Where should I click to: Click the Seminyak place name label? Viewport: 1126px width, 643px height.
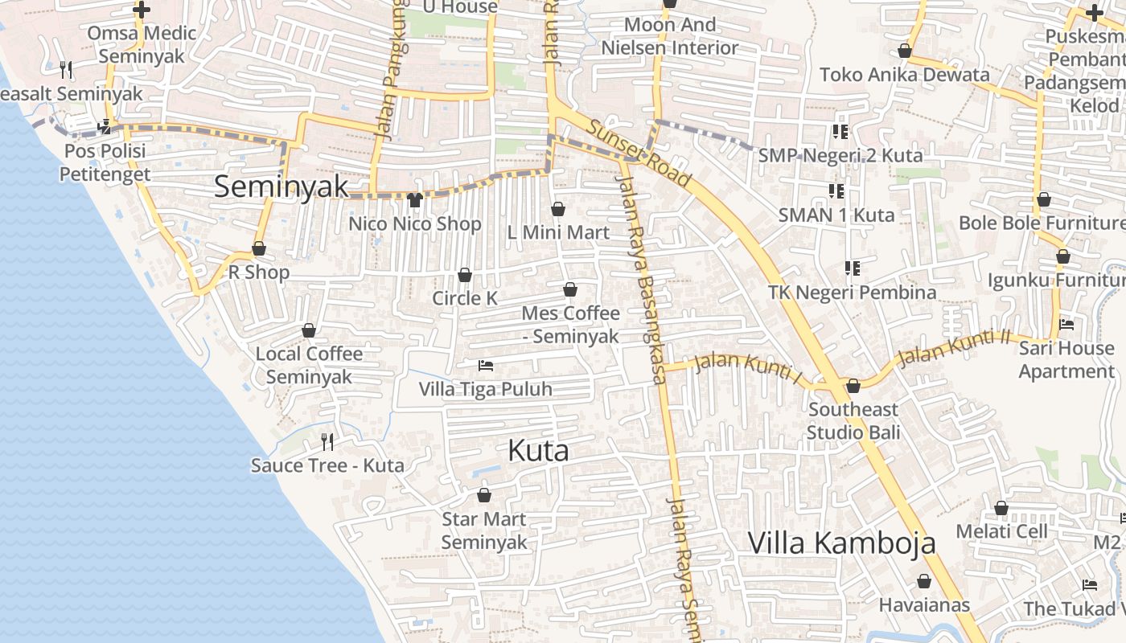[281, 186]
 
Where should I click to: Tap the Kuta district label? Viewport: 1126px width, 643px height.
[538, 451]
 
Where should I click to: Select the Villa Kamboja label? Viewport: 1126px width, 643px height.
[842, 543]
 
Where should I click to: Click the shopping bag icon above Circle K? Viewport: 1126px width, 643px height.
[464, 275]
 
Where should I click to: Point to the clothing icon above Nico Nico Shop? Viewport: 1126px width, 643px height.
[414, 199]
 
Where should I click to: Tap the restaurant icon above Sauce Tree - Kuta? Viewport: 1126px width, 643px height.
[327, 441]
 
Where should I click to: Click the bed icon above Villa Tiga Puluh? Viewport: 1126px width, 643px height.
[486, 366]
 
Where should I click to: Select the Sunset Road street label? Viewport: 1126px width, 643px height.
[639, 154]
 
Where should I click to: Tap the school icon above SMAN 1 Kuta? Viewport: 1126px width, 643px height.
[836, 191]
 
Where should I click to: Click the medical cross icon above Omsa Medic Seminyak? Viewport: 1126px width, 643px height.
[142, 10]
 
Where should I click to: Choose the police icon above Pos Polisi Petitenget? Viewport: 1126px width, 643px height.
[105, 127]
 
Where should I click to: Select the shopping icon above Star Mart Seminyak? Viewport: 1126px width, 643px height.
[484, 495]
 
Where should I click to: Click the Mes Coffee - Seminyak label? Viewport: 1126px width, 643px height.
[570, 324]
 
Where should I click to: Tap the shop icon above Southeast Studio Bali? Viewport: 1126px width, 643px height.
[853, 386]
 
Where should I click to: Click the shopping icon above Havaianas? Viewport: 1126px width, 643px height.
[924, 580]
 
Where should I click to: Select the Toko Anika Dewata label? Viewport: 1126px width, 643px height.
[904, 75]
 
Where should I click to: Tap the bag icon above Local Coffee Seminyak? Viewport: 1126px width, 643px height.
[309, 330]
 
